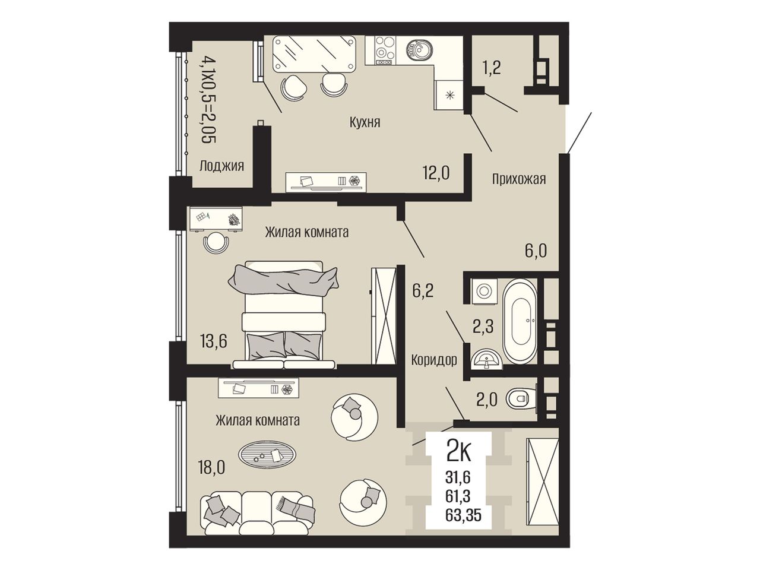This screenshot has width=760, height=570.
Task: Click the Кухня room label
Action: (x=365, y=122)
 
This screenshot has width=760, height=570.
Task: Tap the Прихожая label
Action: (x=519, y=179)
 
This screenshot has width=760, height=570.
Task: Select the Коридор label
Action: (x=434, y=360)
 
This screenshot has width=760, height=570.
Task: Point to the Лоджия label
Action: (x=221, y=166)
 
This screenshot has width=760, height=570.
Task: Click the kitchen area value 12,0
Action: (x=436, y=173)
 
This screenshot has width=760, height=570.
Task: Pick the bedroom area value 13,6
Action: (x=214, y=341)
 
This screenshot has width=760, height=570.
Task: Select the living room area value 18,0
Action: (x=211, y=468)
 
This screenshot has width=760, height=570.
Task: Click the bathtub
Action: (x=520, y=321)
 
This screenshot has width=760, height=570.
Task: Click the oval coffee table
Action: (x=267, y=456)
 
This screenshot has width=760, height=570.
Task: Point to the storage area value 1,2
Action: (x=492, y=68)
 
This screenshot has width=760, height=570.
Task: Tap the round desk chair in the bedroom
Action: (x=216, y=243)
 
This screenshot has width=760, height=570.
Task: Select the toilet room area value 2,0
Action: (x=487, y=400)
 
